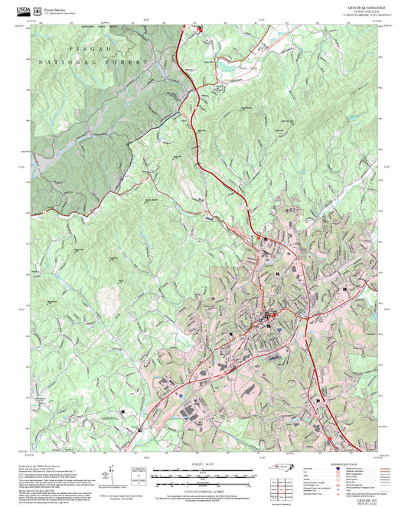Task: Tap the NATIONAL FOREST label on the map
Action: tap(92, 62)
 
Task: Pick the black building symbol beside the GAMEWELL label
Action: tap(122, 412)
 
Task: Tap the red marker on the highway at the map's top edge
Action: tap(200, 28)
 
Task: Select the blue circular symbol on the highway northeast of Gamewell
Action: tap(179, 396)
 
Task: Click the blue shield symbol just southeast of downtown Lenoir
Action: tap(280, 325)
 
